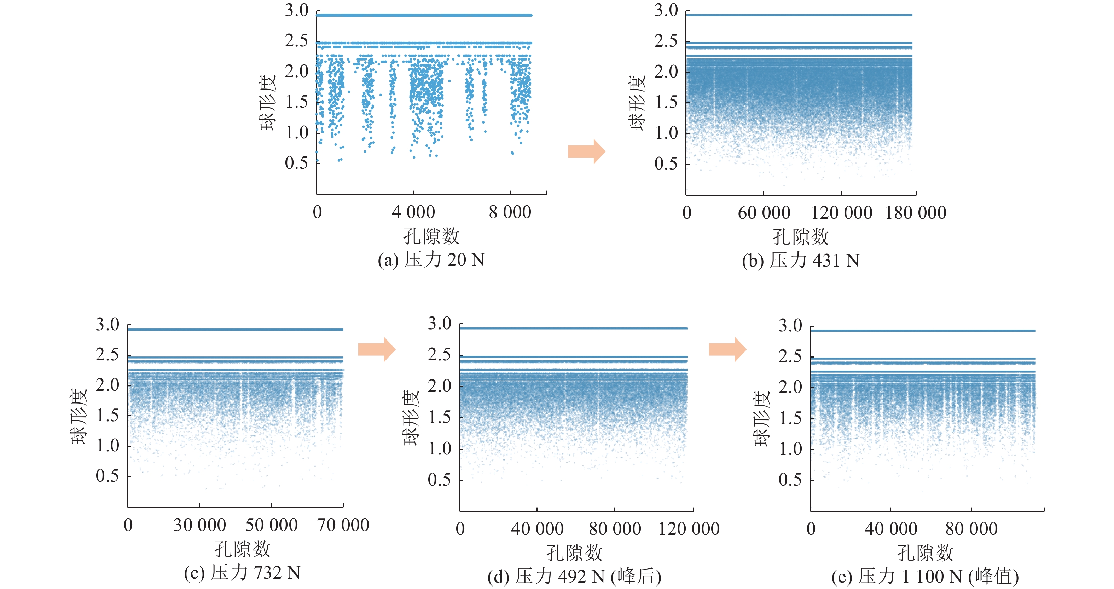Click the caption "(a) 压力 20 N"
tap(431, 260)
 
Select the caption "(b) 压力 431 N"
tap(800, 261)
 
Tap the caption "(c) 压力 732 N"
tap(242, 573)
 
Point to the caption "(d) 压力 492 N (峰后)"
tap(574, 577)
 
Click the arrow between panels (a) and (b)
tap(586, 151)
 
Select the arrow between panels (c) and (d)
tap(376, 349)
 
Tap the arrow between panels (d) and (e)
tap(727, 349)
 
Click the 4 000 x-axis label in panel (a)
tap(413, 212)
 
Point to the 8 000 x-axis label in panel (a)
tap(510, 212)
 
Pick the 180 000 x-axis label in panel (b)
tap(916, 213)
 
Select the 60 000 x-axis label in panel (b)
tap(764, 213)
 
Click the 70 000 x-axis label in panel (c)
tap(343, 525)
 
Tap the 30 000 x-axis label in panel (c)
tap(199, 525)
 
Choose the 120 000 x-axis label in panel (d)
tap(689, 529)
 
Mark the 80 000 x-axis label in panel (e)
tap(971, 529)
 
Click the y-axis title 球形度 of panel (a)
tap(268, 103)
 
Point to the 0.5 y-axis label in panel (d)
tap(439, 480)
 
